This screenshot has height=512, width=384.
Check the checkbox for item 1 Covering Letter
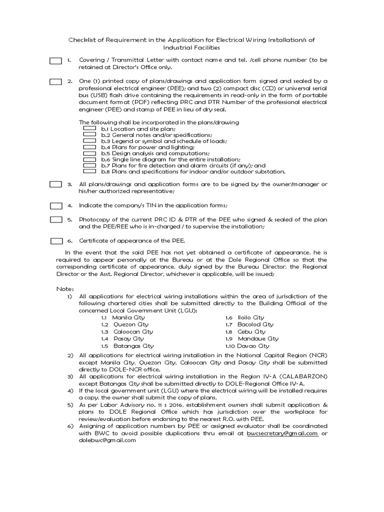point(55,60)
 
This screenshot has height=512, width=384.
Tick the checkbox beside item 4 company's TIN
point(55,205)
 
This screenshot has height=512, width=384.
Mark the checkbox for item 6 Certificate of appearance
point(55,241)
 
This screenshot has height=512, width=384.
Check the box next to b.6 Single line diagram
point(89,159)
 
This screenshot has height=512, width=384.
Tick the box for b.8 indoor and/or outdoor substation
point(89,171)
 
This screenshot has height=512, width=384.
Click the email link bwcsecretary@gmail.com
point(282,433)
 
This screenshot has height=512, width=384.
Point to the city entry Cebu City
point(252,331)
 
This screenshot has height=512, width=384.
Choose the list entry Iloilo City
point(251,317)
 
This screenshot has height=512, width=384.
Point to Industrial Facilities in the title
point(191,47)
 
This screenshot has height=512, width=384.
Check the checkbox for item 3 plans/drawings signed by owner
point(55,184)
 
